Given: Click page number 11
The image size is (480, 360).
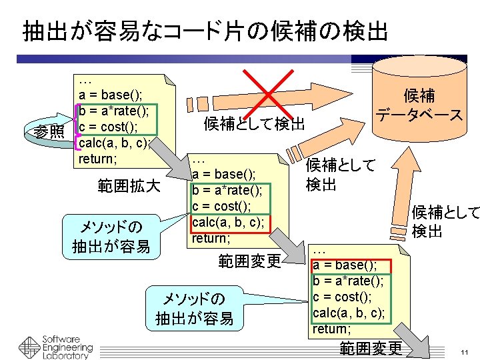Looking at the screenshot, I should point(465,351).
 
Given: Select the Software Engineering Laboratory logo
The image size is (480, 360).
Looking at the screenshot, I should point(56,345).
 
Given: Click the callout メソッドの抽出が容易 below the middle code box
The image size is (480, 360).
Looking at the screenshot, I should point(194,308).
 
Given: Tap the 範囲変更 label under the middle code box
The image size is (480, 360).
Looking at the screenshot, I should point(250,261).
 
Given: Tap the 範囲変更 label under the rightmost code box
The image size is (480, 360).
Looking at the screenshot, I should point(371,348).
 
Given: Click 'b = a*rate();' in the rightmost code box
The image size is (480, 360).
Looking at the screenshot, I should point(348,281).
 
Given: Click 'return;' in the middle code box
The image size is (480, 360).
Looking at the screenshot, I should point(211,237).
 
